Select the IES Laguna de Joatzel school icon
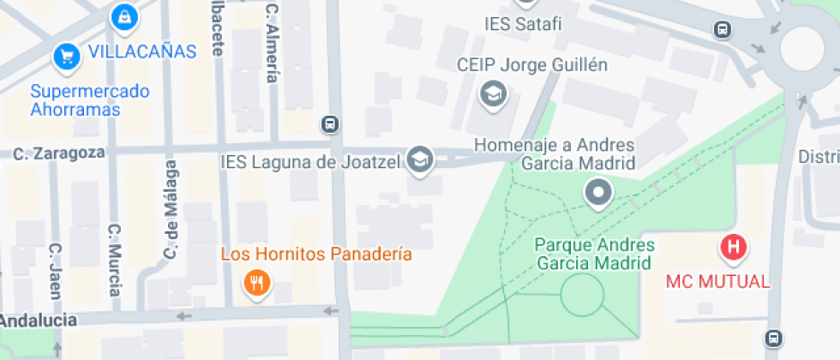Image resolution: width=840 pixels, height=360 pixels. [419, 159]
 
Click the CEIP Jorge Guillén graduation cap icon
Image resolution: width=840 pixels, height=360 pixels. [492, 93]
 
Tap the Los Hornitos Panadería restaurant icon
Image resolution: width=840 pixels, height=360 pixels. [255, 282]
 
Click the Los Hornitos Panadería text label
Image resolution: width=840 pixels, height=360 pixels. [316, 255]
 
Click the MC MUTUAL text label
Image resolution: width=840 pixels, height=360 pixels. [718, 281]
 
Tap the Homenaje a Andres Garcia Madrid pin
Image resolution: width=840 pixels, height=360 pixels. [597, 192]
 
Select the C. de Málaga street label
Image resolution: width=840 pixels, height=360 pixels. [171, 210]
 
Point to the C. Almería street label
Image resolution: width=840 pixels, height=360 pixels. [273, 43]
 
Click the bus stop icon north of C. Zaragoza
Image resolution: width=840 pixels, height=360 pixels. [329, 124]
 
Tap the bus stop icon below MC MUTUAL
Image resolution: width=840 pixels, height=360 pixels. [775, 339]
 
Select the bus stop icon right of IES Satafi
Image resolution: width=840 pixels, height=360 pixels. [723, 30]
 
